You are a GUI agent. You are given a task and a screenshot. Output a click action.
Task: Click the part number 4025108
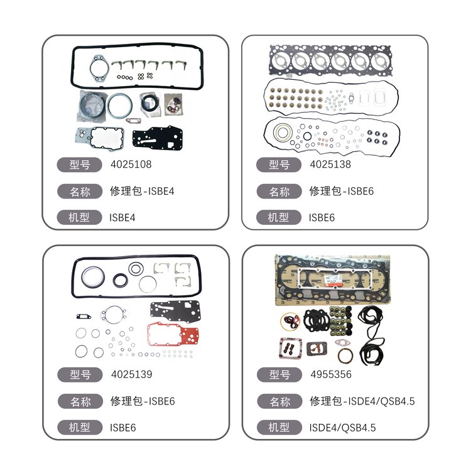click(131, 165)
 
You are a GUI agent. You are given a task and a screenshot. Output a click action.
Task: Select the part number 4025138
click(330, 165)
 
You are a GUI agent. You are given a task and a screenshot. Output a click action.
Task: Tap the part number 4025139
click(132, 374)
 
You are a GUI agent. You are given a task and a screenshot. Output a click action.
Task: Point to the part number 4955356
click(331, 374)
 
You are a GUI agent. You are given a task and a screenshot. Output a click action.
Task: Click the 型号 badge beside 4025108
click(80, 165)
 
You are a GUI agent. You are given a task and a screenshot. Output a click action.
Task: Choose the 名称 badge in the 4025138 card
click(279, 192)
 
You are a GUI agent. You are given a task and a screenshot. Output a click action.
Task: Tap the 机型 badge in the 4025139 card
click(80, 427)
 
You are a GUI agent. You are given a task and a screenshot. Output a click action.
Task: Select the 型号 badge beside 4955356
click(279, 374)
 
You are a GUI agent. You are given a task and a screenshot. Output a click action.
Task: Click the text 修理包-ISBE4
click(142, 191)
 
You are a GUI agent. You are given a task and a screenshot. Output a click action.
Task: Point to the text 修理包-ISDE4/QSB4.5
click(362, 401)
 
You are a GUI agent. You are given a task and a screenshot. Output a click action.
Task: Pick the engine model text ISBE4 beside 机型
click(122, 217)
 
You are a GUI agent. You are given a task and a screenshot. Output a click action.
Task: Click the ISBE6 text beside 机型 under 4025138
click(322, 217)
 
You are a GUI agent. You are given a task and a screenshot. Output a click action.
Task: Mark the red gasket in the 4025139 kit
click(173, 334)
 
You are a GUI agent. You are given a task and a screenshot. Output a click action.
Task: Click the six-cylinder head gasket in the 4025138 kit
click(331, 60)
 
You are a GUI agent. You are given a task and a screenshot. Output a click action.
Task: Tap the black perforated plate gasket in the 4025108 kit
click(158, 139)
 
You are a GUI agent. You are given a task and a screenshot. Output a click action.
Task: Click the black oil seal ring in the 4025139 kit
click(121, 280)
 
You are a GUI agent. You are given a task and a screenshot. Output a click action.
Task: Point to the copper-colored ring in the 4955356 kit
click(345, 356)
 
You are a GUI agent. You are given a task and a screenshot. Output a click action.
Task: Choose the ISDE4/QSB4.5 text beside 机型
click(342, 428)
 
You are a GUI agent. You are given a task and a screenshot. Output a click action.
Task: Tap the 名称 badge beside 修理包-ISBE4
click(80, 192)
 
